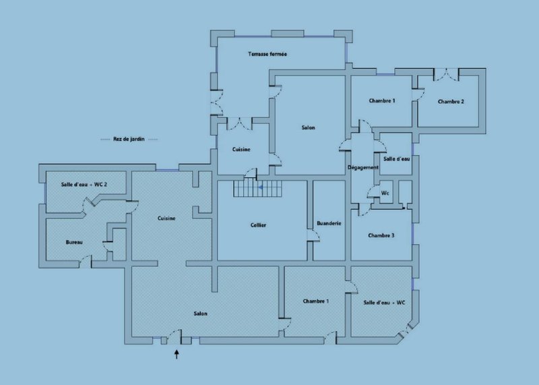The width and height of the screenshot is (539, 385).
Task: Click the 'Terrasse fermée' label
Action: [x=267, y=54]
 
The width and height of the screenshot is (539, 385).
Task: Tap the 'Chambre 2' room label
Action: [x=451, y=102]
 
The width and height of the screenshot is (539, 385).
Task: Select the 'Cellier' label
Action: [x=258, y=225]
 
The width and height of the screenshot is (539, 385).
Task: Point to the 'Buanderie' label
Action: [x=329, y=223]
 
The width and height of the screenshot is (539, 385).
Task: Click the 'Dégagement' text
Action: [x=363, y=168]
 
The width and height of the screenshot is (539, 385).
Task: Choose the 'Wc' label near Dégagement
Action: [x=385, y=193]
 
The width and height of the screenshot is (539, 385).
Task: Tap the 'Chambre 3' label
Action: [x=381, y=235]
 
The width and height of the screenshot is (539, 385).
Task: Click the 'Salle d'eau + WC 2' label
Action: [x=84, y=185]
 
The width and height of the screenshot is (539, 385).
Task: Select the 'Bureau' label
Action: [x=74, y=242]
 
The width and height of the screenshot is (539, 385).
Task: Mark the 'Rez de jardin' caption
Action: [x=129, y=139]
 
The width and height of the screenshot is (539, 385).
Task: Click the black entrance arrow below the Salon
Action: [x=177, y=355]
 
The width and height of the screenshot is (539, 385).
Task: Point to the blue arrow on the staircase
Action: [x=260, y=187]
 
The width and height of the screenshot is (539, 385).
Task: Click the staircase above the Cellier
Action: [x=257, y=189]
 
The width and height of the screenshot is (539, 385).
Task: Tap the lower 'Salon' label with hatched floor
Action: [x=200, y=314]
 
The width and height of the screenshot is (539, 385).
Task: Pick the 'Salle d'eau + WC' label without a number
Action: [x=384, y=303]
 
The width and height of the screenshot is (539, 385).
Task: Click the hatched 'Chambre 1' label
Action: [x=315, y=301]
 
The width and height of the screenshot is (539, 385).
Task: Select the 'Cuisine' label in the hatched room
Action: [x=166, y=218]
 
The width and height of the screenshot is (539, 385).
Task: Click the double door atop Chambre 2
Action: [x=446, y=74]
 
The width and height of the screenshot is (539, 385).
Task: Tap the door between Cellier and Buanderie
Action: [x=313, y=235]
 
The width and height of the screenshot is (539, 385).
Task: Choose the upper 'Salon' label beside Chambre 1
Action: [x=309, y=127]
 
